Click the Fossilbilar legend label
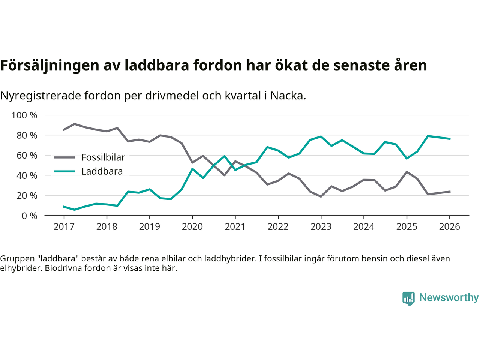click(x=103, y=157)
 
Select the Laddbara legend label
click(x=102, y=172)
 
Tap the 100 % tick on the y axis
click(x=24, y=115)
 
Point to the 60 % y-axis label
click(x=27, y=155)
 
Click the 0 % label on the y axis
click(x=29, y=216)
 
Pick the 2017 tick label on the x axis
click(x=64, y=227)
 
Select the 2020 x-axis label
click(x=192, y=227)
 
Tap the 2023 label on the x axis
click(x=321, y=227)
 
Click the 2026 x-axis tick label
click(x=450, y=227)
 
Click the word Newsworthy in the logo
click(x=449, y=297)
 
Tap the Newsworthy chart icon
click(x=408, y=298)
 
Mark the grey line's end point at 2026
click(x=450, y=192)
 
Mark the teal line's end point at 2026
click(x=450, y=139)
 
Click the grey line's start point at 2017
click(x=64, y=130)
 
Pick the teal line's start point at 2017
click(x=64, y=207)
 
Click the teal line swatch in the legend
click(x=64, y=172)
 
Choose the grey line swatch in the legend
click(x=64, y=157)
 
